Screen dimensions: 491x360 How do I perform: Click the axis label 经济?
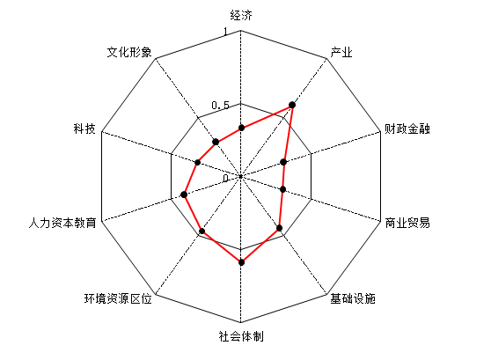point(241,15)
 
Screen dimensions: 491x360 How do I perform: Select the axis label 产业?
point(341,52)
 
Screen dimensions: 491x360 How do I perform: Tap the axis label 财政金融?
point(407,129)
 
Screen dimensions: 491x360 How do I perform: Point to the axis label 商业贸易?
point(407,223)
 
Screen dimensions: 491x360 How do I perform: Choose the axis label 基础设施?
point(353,298)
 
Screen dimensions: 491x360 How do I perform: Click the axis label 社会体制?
point(241,336)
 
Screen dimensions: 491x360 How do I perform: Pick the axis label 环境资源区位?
point(118,298)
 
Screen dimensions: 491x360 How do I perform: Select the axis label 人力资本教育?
point(62,223)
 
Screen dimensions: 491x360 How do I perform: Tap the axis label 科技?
point(84,129)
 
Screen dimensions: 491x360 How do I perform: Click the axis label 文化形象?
point(129,52)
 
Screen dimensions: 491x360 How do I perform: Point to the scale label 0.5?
point(221,106)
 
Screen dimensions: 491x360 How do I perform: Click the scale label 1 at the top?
point(225,32)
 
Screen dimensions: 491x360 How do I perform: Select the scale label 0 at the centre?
point(226,179)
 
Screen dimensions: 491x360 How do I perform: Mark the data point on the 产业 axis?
point(292,105)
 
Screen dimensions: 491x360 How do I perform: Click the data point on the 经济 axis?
point(241,128)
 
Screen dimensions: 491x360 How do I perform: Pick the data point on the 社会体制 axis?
point(241,262)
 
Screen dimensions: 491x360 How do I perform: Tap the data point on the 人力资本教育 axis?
point(184,195)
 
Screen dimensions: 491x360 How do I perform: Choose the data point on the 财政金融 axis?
point(283,162)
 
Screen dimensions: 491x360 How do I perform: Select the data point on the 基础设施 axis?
point(279,228)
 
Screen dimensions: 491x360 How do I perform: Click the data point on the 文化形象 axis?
point(216,142)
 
